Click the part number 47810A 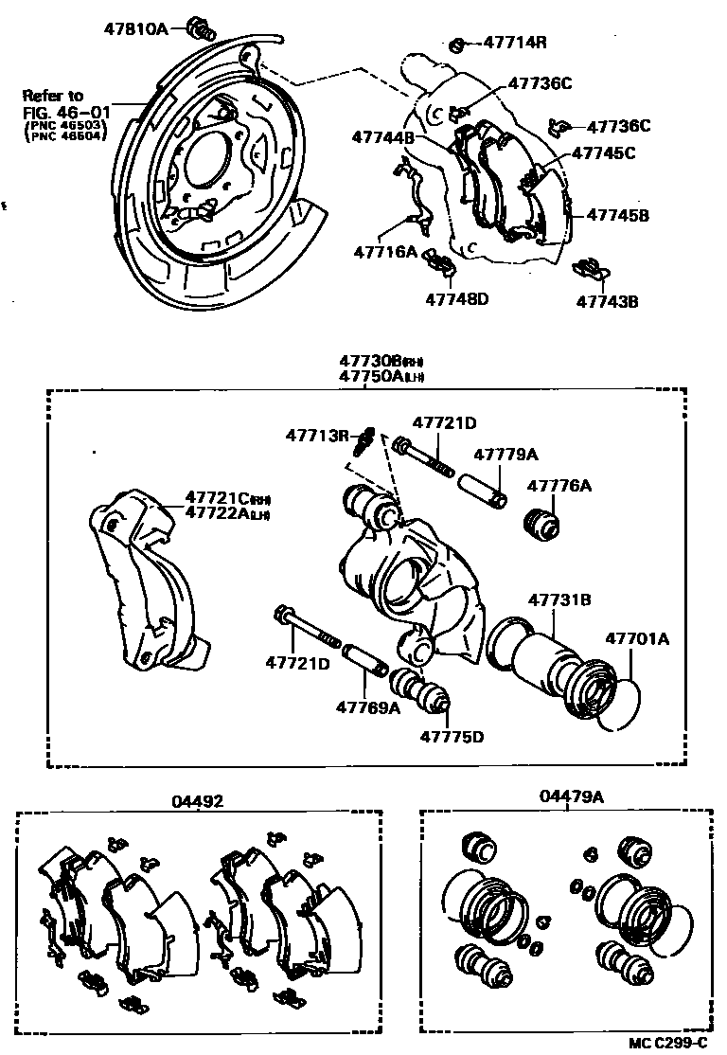click(135, 28)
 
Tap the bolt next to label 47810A click(199, 26)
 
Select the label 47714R click(515, 42)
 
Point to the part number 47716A click(385, 252)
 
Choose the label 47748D click(455, 299)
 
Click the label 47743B click(608, 302)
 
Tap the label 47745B click(617, 215)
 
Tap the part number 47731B click(559, 599)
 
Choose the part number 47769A click(367, 706)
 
